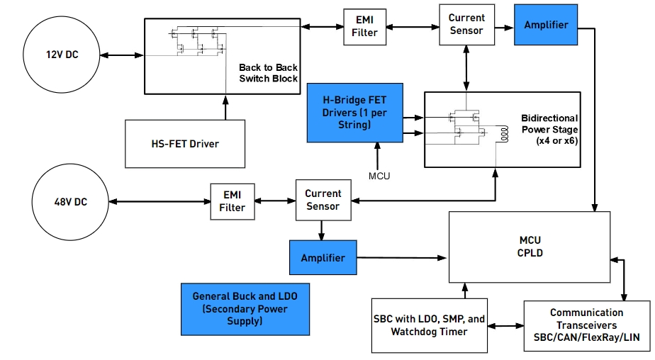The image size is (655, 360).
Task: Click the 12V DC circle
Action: tap(62, 55)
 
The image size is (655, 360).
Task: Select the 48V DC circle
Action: tap(70, 202)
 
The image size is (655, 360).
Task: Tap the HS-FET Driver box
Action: tap(185, 144)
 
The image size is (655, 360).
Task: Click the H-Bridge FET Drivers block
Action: tap(355, 112)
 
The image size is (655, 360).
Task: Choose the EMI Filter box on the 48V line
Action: tap(232, 201)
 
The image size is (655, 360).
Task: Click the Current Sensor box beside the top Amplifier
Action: tap(466, 24)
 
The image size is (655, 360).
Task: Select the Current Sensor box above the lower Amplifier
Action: tap(323, 200)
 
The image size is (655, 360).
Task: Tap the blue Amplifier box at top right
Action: tap(546, 25)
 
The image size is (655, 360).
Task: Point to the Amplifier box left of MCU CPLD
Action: tap(323, 258)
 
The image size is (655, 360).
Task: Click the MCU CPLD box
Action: tap(530, 246)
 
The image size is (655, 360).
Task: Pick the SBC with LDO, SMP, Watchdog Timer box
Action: tap(429, 325)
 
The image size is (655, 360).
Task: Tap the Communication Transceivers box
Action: tap(586, 325)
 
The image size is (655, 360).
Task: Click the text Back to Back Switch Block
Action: tap(268, 73)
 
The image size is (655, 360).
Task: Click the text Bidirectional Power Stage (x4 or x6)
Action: tap(549, 129)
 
